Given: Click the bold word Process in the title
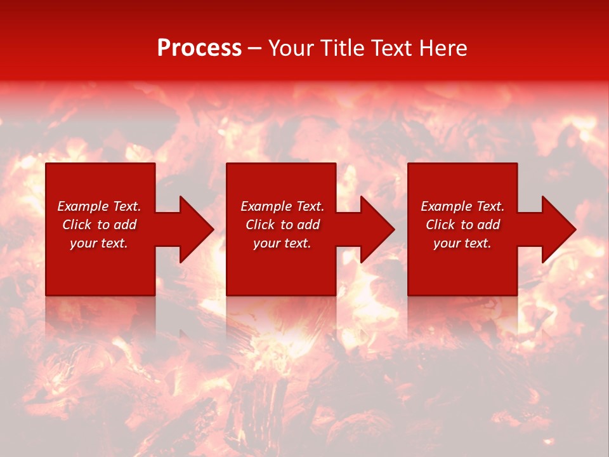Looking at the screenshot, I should tap(199, 48).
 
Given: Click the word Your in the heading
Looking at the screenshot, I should tap(292, 48).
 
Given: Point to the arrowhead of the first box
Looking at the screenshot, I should tap(196, 229).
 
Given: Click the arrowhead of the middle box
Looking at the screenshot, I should tap(377, 229).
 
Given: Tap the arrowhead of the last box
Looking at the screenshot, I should tap(558, 229).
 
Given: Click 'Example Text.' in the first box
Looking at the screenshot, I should tap(99, 206).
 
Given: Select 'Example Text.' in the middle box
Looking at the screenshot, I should tap(282, 206).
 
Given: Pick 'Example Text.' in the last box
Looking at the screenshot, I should tap(462, 206).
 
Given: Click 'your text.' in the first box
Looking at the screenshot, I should tap(99, 243).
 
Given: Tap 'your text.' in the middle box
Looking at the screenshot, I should tap(282, 243).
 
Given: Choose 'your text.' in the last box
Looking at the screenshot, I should tap(462, 243).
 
